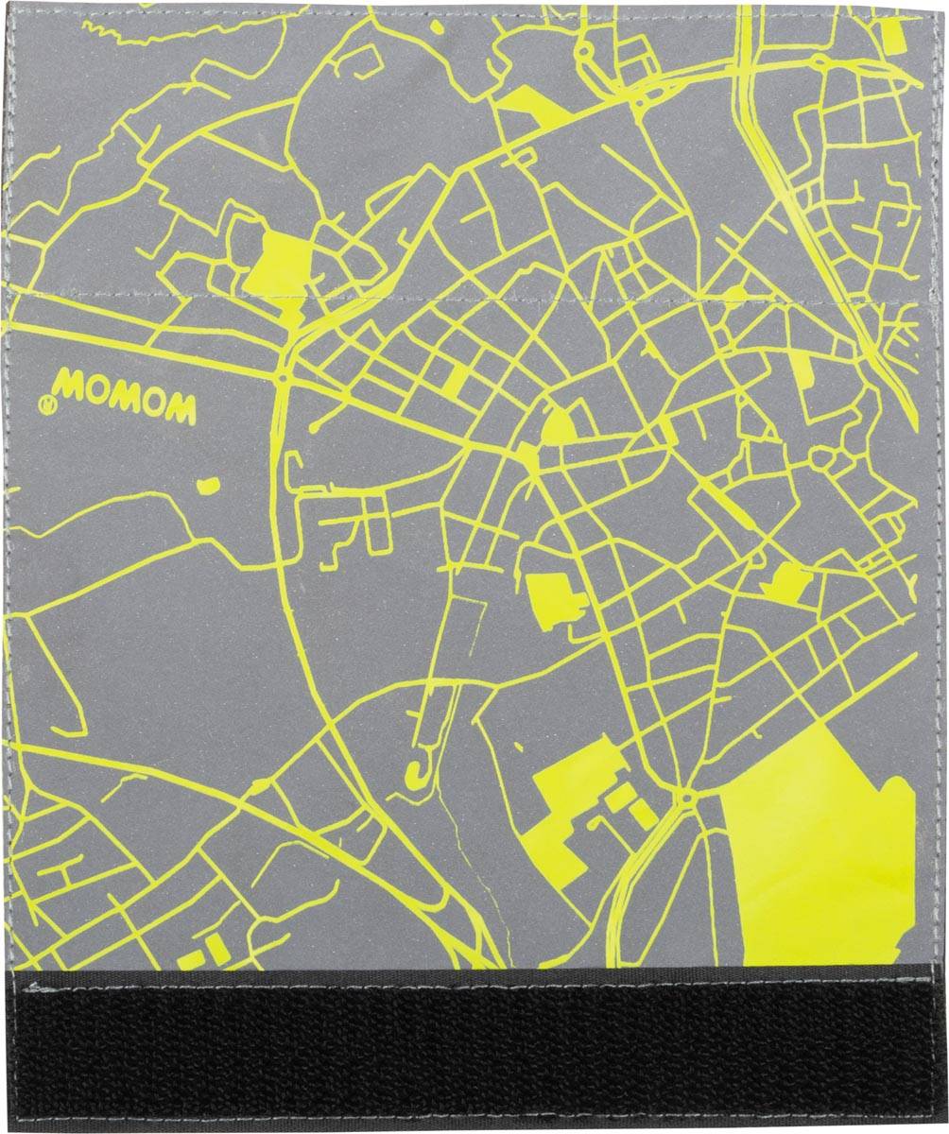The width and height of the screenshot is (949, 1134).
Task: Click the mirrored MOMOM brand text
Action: coord(126,398)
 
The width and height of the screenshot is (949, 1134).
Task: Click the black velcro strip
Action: coord(473,1049)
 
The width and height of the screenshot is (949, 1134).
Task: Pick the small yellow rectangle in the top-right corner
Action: coord(892,35)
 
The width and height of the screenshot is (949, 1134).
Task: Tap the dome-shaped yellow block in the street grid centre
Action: coord(559,427)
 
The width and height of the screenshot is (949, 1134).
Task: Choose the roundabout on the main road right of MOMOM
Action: coord(283,377)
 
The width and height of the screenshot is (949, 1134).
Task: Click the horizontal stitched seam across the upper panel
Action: coord(473,295)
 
